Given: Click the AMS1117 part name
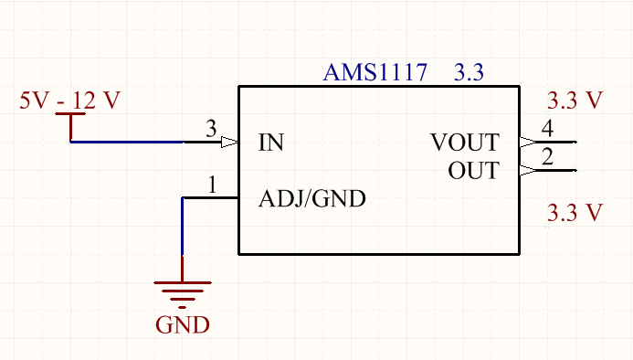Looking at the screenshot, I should (375, 74).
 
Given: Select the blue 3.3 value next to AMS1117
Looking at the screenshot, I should (469, 74).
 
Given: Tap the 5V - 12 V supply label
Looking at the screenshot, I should (69, 101).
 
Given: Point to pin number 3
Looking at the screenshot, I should (211, 130).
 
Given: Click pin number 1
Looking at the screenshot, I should (212, 185).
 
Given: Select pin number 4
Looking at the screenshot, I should (547, 129).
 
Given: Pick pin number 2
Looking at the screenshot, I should (547, 157).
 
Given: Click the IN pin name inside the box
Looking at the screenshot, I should (271, 143).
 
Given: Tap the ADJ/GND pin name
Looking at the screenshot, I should (312, 198).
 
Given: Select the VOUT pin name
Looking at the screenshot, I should (465, 143).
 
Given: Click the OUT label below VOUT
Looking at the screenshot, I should (473, 171).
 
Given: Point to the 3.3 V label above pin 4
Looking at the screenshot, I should (575, 101).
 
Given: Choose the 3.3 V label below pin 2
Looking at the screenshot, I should (575, 214).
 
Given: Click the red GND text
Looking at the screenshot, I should (183, 324).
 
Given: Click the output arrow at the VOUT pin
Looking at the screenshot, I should (527, 143).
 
